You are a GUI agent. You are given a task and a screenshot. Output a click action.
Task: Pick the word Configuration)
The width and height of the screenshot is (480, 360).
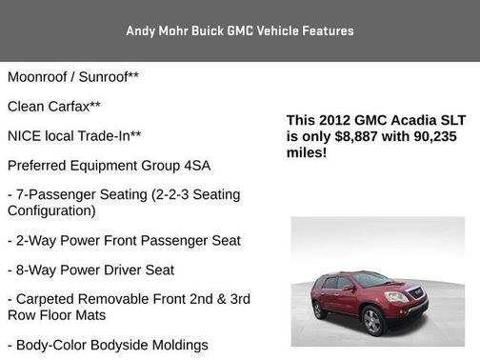(51, 210)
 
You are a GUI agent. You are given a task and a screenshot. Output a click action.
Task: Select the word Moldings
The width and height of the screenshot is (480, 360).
(179, 344)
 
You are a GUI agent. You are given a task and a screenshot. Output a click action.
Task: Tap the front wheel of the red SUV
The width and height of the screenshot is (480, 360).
(373, 322)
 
